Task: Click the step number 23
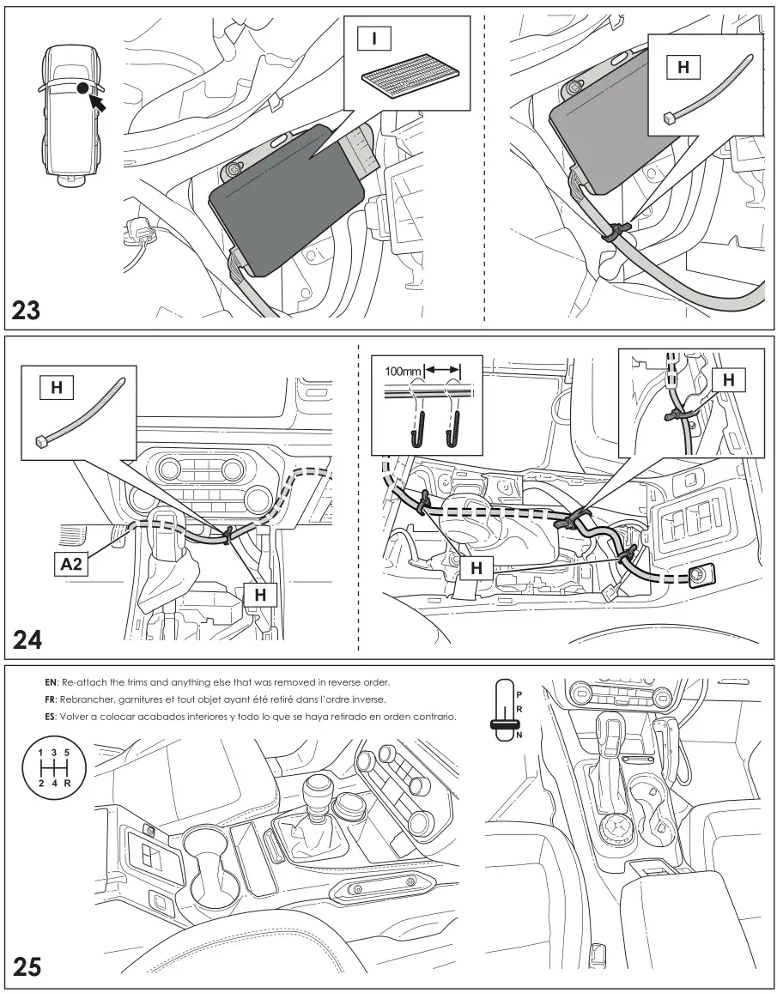click(x=27, y=310)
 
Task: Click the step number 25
click(x=27, y=967)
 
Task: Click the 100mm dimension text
click(x=404, y=371)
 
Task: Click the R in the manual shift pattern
click(x=67, y=783)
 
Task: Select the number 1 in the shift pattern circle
click(x=39, y=752)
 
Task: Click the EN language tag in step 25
click(x=51, y=683)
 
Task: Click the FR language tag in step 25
click(x=51, y=699)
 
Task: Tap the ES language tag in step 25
click(x=51, y=716)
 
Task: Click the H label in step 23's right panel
click(x=683, y=67)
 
